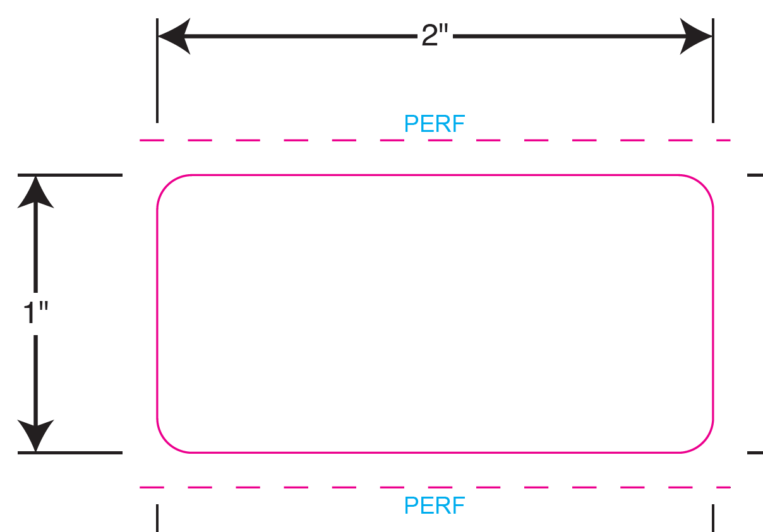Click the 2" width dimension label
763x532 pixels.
[x=435, y=36]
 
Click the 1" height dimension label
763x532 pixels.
[x=35, y=312]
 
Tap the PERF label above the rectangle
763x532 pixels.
[x=435, y=124]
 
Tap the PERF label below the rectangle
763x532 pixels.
[x=435, y=505]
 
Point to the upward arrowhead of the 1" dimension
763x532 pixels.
[x=35, y=192]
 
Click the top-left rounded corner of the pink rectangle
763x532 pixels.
[x=167, y=185]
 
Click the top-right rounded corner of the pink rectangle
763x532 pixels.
[x=703, y=185]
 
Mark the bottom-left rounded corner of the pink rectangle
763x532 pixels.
[x=167, y=442]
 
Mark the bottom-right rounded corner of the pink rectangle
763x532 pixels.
[x=703, y=442]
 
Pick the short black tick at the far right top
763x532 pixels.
[x=755, y=175]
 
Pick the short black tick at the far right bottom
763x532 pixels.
[x=755, y=452]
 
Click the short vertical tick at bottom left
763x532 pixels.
[x=157, y=517]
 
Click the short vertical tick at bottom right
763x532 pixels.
[x=713, y=517]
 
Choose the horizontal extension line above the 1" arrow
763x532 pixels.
[x=69, y=175]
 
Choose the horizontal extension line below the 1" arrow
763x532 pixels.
[x=69, y=452]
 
